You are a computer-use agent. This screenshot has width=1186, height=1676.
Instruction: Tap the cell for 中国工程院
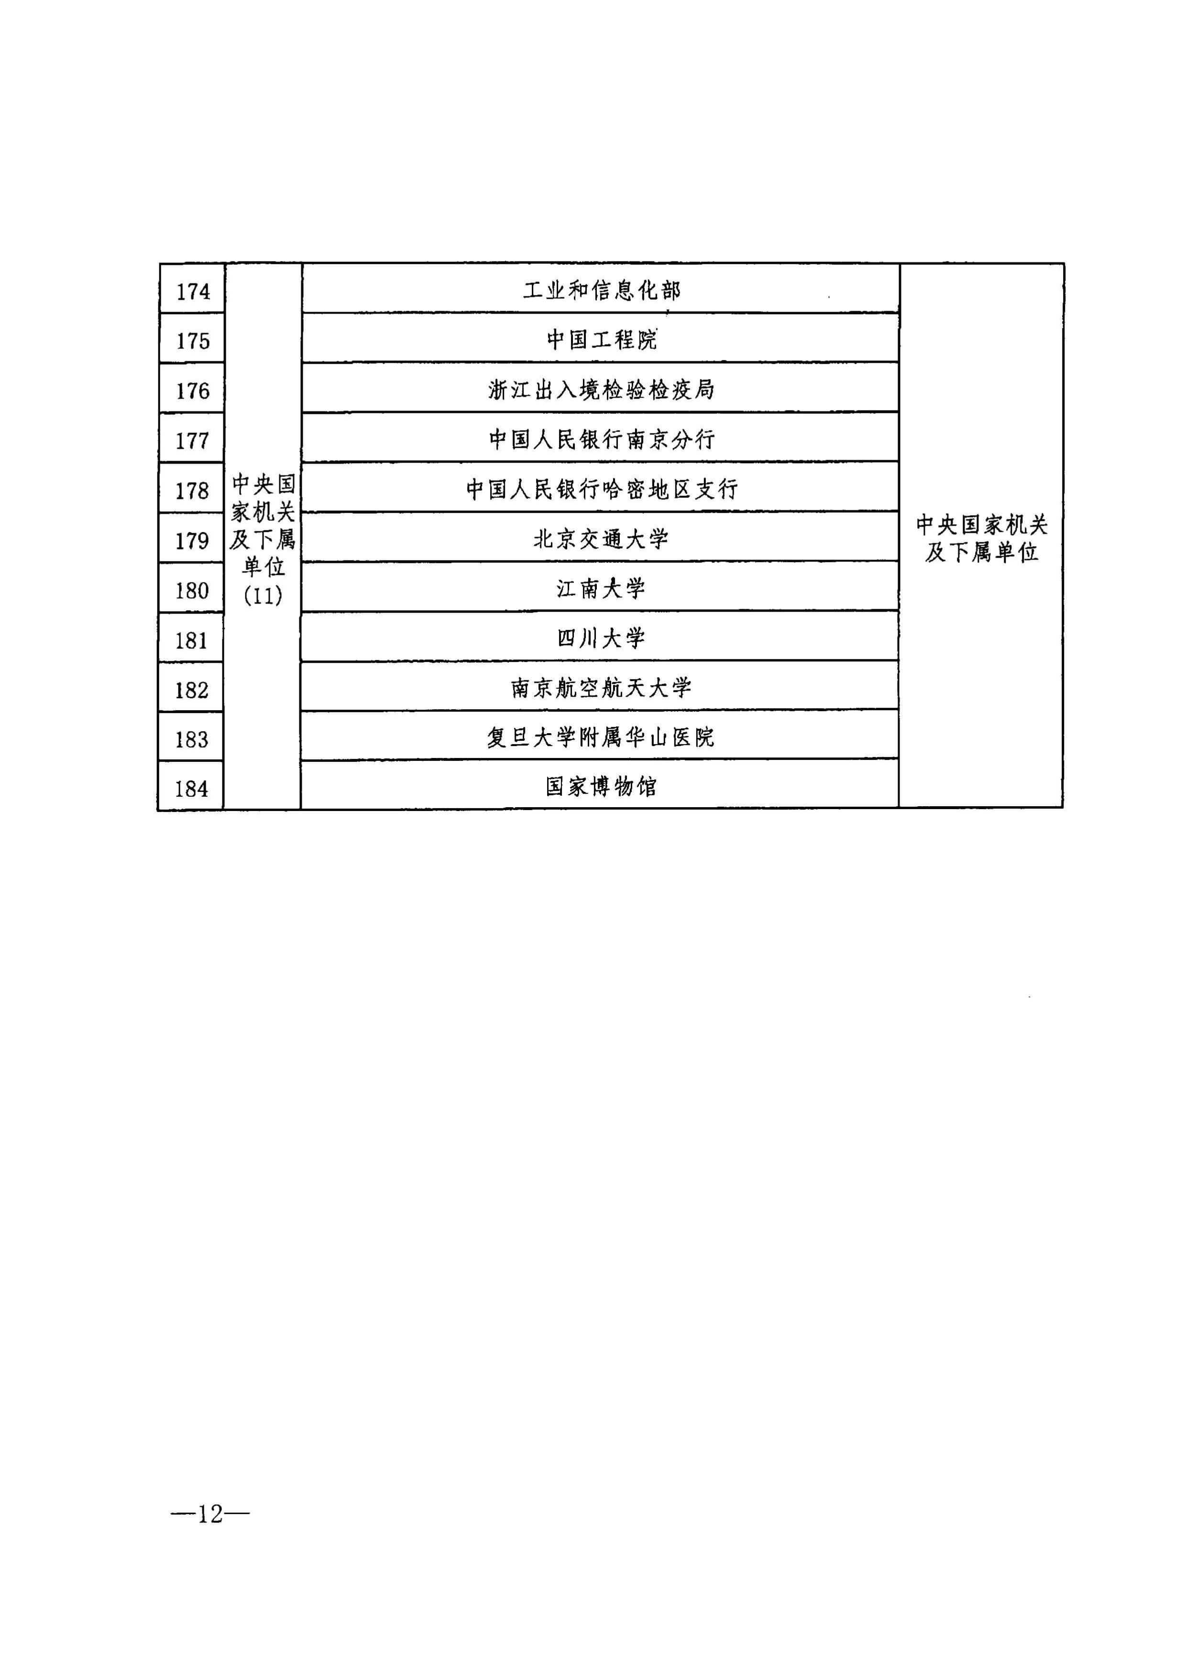tap(602, 339)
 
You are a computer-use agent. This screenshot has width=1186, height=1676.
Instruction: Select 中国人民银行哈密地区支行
tap(602, 489)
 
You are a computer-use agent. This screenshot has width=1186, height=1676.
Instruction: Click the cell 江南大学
tap(601, 588)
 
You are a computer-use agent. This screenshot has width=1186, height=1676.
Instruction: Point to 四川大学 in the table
tap(601, 638)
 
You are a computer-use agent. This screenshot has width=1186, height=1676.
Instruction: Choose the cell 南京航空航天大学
tap(601, 688)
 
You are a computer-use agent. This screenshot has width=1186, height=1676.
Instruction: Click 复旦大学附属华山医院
tap(601, 737)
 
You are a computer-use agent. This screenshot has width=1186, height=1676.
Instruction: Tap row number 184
tap(191, 789)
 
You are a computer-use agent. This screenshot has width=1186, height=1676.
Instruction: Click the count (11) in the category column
tap(263, 595)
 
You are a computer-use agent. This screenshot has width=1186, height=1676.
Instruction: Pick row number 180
tap(192, 591)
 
